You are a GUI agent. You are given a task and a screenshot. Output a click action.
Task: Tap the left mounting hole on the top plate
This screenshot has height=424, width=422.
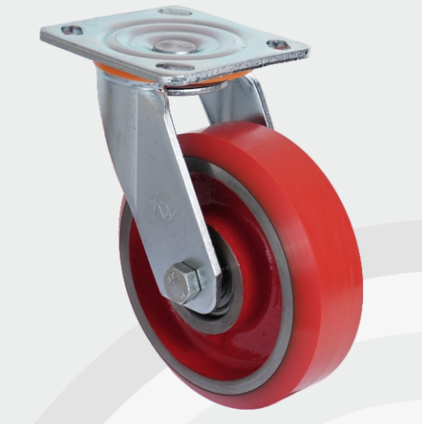[73, 30]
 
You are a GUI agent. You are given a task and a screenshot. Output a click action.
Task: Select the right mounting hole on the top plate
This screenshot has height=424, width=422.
[276, 44]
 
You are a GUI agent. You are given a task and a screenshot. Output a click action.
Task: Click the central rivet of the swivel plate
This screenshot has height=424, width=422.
[175, 39]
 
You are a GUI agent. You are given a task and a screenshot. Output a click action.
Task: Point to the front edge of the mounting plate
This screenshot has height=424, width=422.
[168, 74]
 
